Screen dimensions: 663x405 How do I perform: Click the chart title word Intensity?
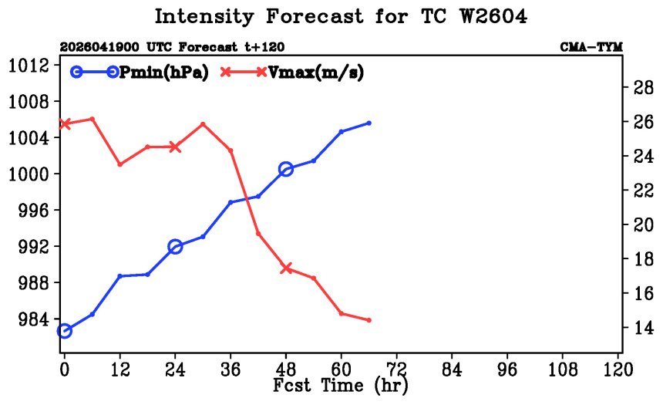coord(204,17)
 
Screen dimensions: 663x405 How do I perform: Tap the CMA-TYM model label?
coord(591,47)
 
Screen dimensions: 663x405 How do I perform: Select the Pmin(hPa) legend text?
coord(164,73)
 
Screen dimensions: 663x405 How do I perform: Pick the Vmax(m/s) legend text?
coord(316,73)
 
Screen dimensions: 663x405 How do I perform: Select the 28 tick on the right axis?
coord(643,87)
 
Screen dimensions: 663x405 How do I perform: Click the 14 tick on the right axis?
coord(643,327)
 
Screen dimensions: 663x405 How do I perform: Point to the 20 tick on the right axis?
coord(643,224)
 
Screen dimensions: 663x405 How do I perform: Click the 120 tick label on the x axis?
coord(618,370)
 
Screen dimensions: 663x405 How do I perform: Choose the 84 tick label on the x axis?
coord(452,370)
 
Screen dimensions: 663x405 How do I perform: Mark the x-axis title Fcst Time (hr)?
coord(341,385)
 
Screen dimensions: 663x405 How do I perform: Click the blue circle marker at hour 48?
coord(286,169)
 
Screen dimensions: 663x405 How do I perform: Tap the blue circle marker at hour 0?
coord(64,331)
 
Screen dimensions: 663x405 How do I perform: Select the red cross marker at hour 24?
coord(175,147)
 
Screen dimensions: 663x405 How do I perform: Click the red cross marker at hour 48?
coord(286,268)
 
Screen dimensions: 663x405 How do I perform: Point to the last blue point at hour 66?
coord(369,123)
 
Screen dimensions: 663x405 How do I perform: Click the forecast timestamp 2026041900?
coord(99,47)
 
